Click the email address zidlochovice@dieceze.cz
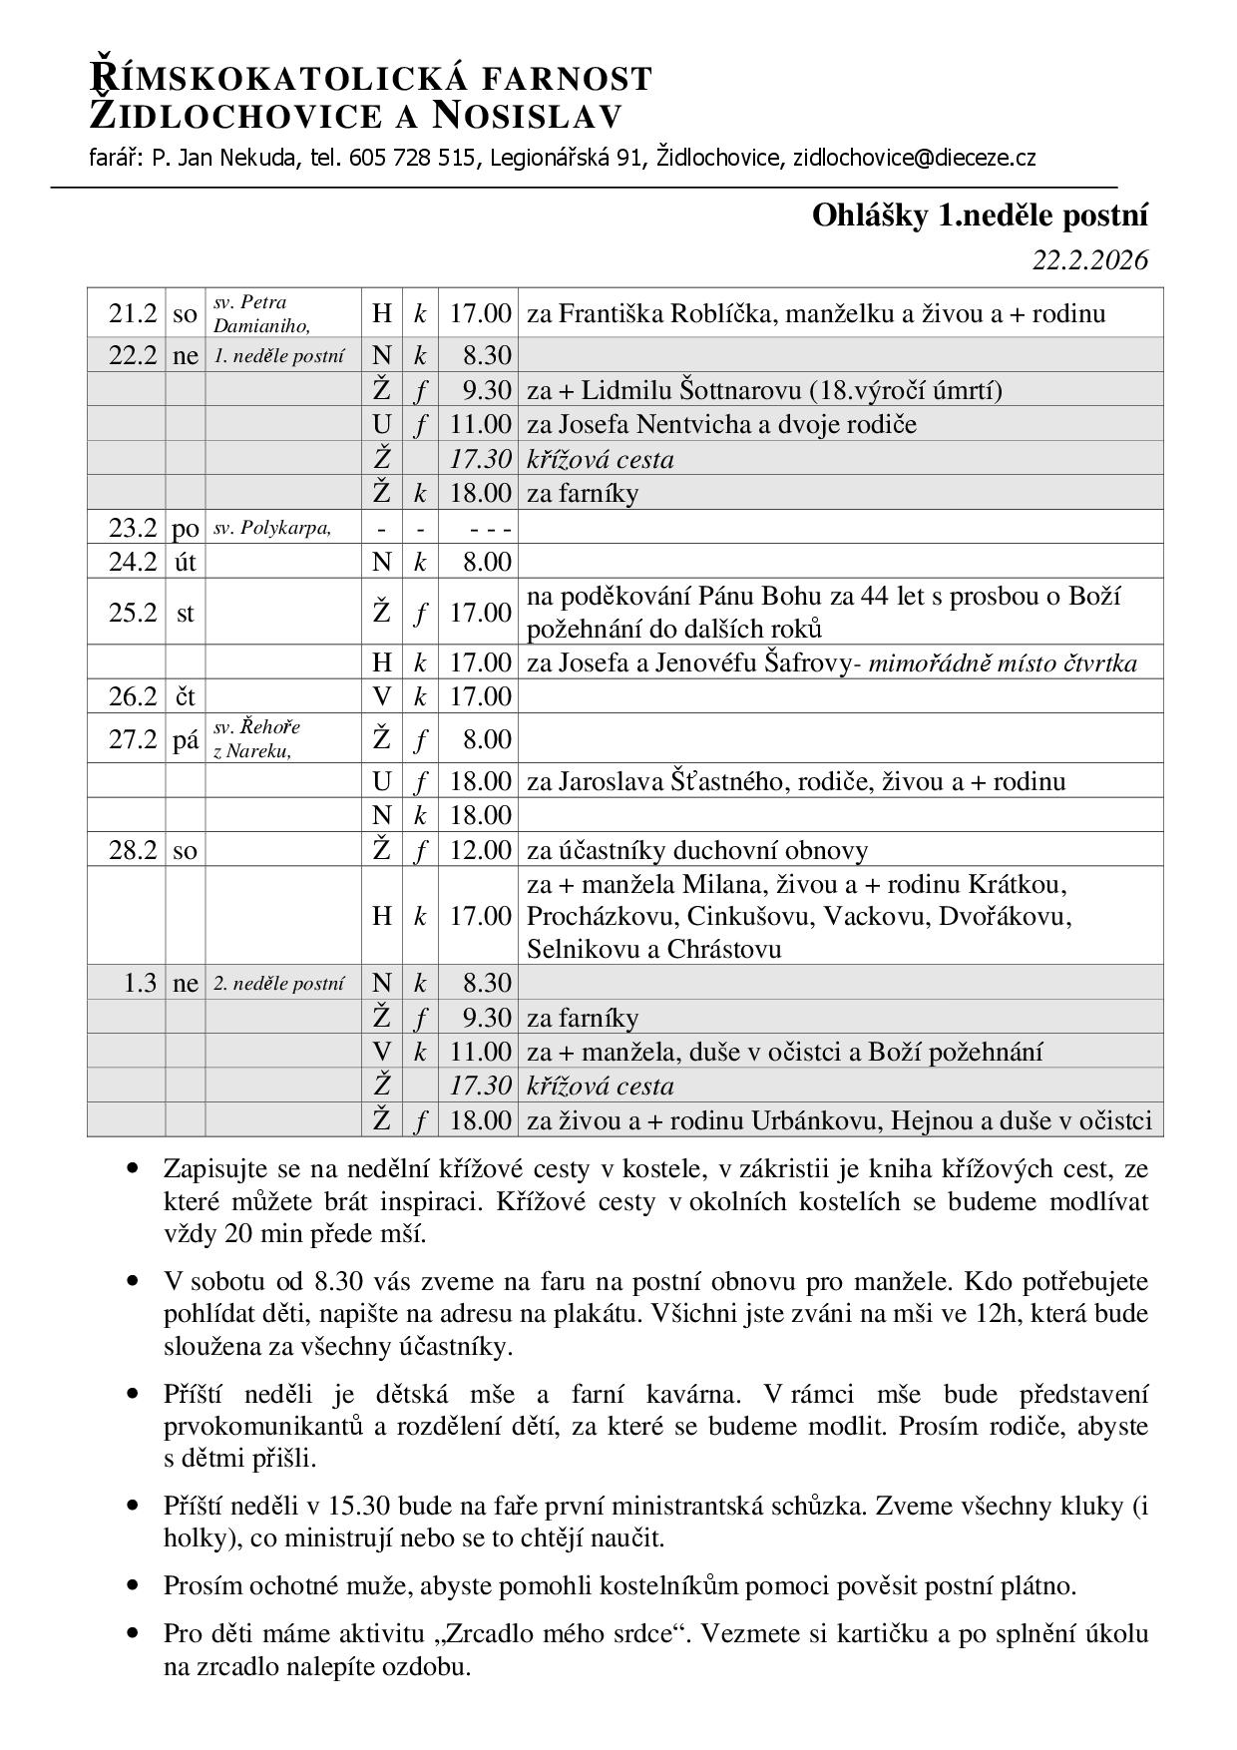[x=914, y=158]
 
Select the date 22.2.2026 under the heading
[x=1089, y=260]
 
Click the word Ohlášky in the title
[x=871, y=216]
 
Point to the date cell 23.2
[x=133, y=528]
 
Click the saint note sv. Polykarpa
[x=271, y=527]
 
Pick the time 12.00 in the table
[x=480, y=850]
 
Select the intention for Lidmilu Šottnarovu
[x=764, y=390]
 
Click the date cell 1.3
[x=140, y=983]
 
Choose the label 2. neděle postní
[x=279, y=983]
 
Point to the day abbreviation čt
[x=186, y=696]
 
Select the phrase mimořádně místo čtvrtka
[x=1003, y=663]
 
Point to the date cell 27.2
[x=133, y=739]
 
